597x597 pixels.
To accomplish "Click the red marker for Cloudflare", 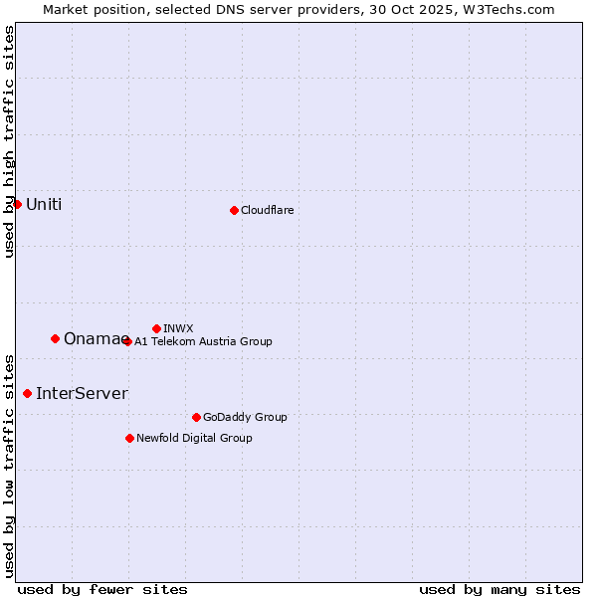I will tap(234, 210).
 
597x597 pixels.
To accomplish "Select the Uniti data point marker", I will tap(17, 204).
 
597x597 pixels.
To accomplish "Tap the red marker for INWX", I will tap(156, 328).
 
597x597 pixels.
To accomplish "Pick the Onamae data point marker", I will tap(55, 338).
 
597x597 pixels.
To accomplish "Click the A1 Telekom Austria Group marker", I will tap(127, 341).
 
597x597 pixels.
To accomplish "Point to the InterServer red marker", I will tap(27, 393).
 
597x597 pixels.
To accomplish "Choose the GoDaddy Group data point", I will tap(196, 417).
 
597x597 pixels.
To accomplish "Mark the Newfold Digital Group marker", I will tap(129, 438).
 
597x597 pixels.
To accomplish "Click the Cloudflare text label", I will tap(268, 210).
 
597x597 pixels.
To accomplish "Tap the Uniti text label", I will tap(44, 205).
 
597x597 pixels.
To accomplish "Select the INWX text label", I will tap(179, 328).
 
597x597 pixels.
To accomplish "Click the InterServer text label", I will tap(82, 394).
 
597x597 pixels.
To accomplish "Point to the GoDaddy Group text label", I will tap(245, 417).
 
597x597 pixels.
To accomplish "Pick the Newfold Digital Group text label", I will tap(194, 438).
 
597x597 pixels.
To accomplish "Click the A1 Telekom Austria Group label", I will tap(203, 341).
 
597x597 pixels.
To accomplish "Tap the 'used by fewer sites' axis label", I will tap(102, 589).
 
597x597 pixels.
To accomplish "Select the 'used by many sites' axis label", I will tap(499, 589).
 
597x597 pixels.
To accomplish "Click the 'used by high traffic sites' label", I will tap(9, 141).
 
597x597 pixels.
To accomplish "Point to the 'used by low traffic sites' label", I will tap(9, 465).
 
